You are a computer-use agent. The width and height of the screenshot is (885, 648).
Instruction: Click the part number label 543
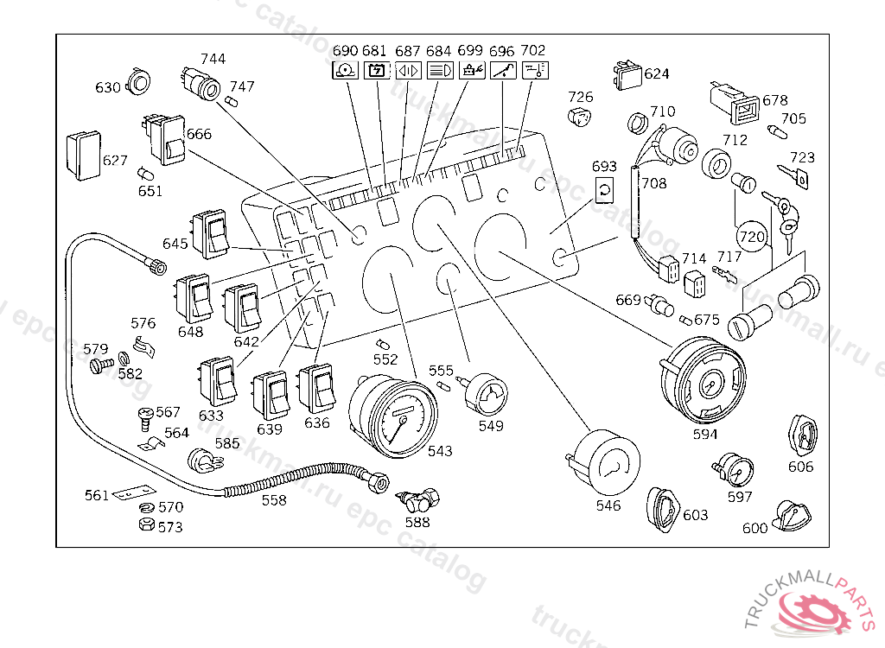pyautogui.click(x=439, y=451)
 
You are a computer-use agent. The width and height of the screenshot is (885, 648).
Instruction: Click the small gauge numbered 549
pyautogui.click(x=487, y=395)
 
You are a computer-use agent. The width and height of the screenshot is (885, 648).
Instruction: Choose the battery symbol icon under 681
pyautogui.click(x=376, y=71)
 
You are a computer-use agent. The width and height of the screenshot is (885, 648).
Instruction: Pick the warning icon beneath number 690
pyautogui.click(x=345, y=71)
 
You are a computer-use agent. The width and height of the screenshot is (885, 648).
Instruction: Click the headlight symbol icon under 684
pyautogui.click(x=441, y=71)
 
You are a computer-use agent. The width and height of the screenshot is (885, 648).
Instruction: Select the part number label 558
pyautogui.click(x=274, y=500)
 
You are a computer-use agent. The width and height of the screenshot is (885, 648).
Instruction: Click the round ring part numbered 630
pyautogui.click(x=138, y=81)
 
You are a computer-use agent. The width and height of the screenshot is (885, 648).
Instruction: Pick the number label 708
pyautogui.click(x=653, y=183)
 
